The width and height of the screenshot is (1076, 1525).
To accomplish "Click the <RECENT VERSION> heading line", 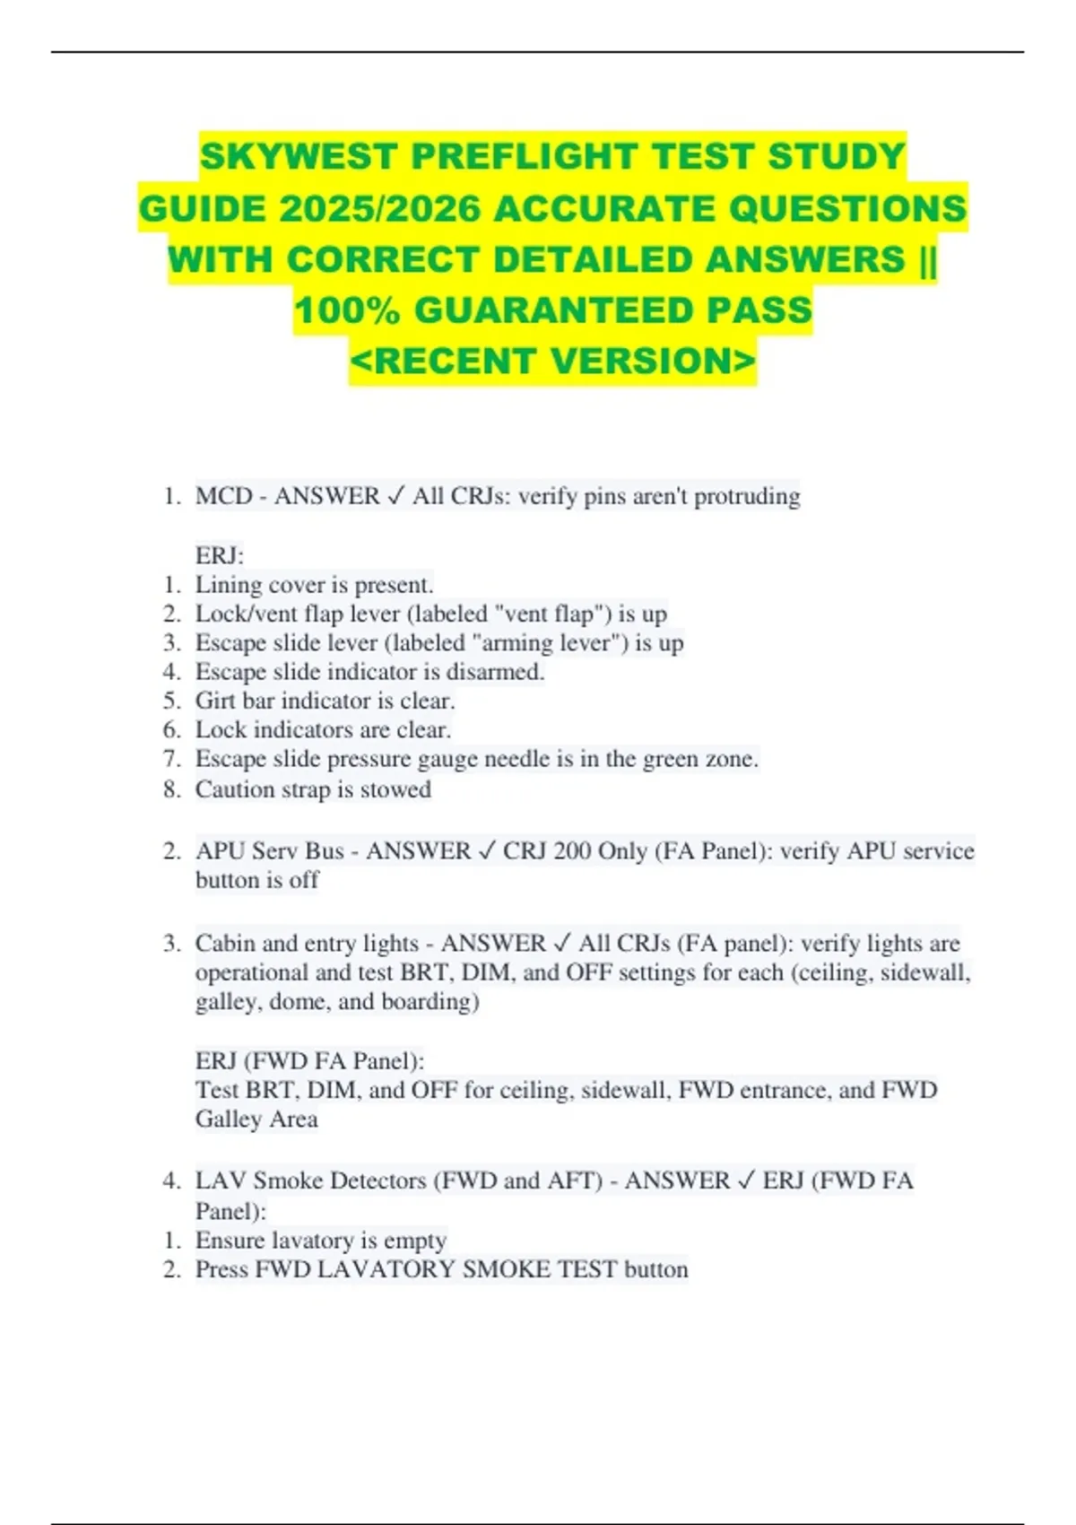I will point(552,362).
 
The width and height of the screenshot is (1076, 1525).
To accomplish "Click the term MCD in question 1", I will point(223,496).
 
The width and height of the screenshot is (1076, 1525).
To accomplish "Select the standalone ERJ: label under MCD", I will point(220,555).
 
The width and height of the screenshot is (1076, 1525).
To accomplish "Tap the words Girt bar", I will point(235,701).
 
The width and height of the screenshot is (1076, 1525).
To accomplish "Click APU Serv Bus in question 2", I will point(269,850).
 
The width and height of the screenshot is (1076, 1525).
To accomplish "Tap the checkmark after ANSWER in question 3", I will point(562,944).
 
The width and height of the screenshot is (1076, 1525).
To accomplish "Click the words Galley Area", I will point(256,1120).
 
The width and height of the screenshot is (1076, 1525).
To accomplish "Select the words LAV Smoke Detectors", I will point(311,1181).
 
